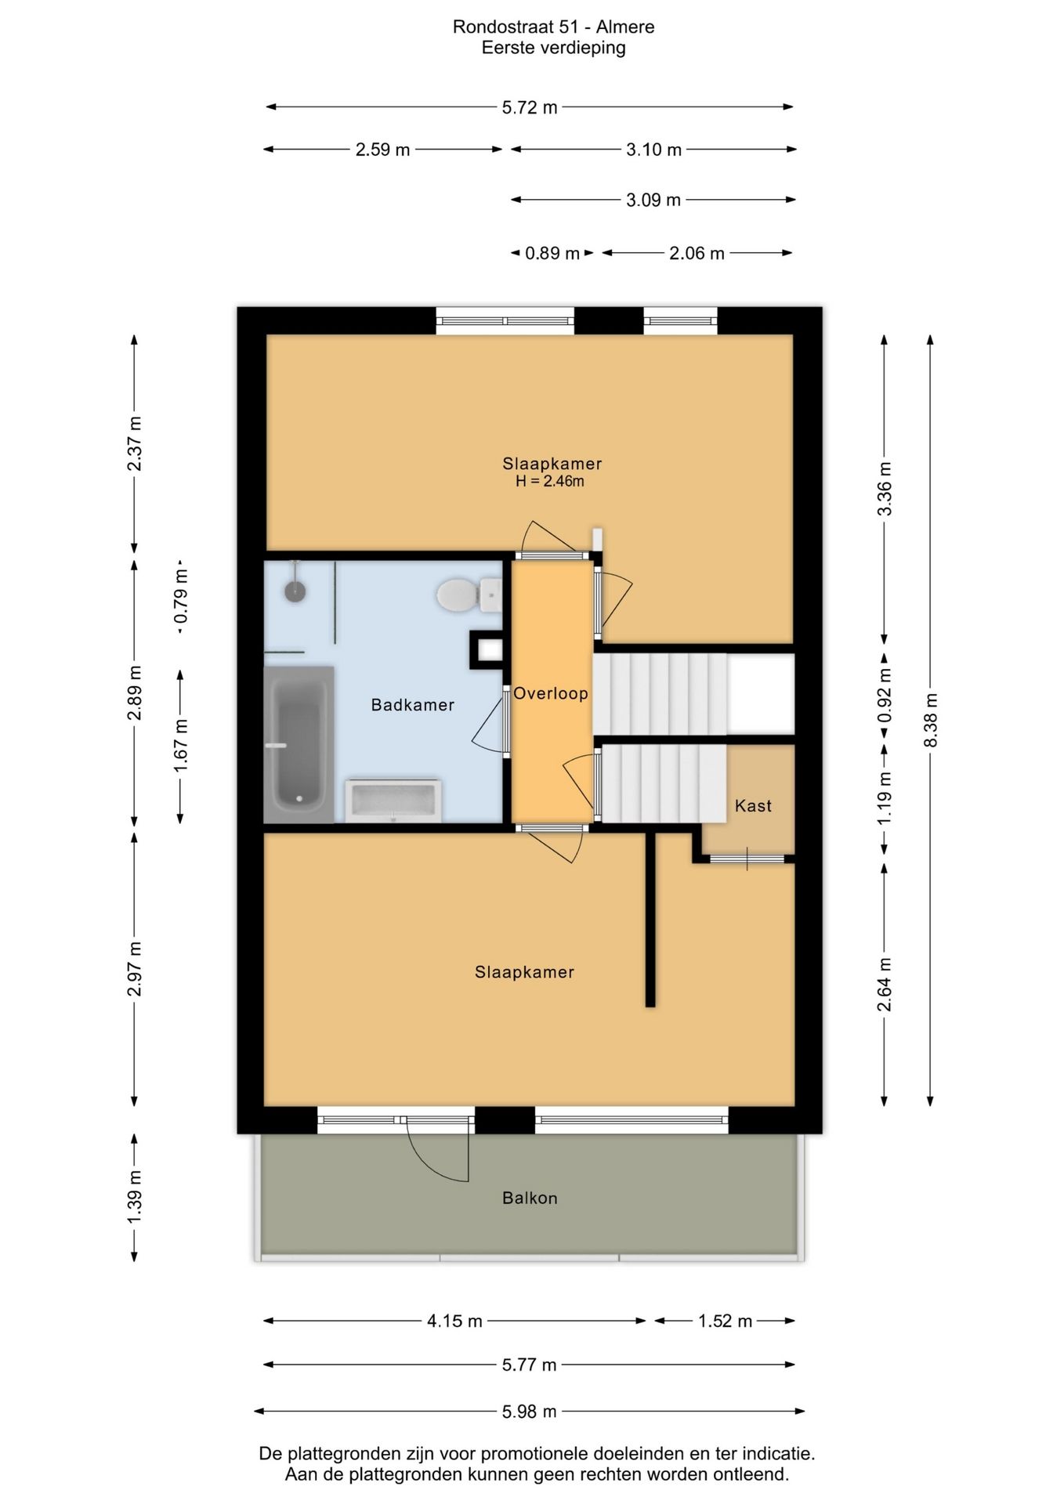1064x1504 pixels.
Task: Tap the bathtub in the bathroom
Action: [299, 744]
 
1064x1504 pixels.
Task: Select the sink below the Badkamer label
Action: [393, 801]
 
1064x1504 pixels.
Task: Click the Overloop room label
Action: [551, 693]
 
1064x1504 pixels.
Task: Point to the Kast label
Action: [753, 805]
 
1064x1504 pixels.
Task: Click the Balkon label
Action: [530, 1198]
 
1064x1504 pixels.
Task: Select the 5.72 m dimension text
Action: [530, 107]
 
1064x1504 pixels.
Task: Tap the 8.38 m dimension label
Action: [931, 720]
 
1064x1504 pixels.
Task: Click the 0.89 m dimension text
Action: [552, 253]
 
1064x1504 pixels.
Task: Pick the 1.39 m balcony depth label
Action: [135, 1196]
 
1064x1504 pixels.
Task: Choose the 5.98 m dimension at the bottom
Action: [530, 1412]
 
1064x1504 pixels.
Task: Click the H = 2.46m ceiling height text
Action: [550, 481]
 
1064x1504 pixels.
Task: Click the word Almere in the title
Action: [625, 27]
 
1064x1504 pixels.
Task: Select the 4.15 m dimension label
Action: [454, 1321]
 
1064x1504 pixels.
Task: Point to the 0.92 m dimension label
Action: [885, 696]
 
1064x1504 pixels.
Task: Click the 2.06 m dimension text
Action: [697, 253]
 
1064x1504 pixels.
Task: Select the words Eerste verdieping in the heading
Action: [554, 48]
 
